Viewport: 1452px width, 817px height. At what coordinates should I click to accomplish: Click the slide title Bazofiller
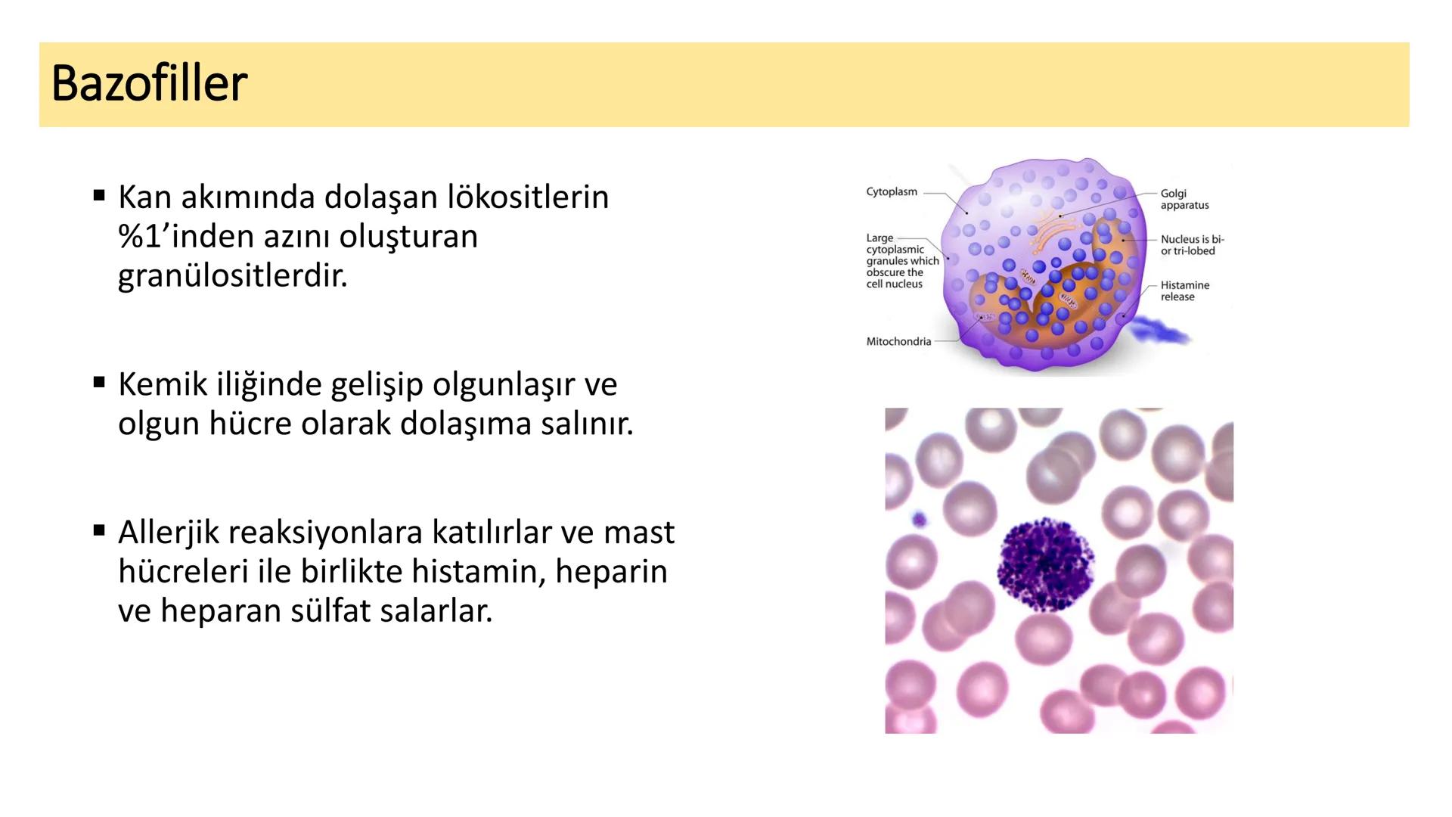click(149, 83)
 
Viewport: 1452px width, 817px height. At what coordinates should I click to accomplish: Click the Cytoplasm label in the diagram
click(892, 192)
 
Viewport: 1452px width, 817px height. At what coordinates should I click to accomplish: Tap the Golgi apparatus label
click(1184, 200)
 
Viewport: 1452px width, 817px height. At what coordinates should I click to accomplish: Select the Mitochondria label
click(898, 342)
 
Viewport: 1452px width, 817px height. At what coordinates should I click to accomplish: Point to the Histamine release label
click(1184, 291)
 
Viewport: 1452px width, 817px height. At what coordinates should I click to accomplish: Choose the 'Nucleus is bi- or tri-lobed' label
click(1192, 245)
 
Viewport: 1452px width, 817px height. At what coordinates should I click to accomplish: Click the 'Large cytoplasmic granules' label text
click(901, 261)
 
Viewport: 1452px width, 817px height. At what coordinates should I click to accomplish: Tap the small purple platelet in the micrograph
click(919, 520)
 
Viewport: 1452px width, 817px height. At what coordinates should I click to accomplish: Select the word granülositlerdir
click(232, 275)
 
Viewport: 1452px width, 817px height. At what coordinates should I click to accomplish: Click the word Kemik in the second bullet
click(162, 384)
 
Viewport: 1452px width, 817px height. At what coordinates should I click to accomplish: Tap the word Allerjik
click(167, 533)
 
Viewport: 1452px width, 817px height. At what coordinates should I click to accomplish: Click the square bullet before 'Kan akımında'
click(99, 196)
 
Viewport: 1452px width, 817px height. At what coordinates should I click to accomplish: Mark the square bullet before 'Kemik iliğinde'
click(99, 383)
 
